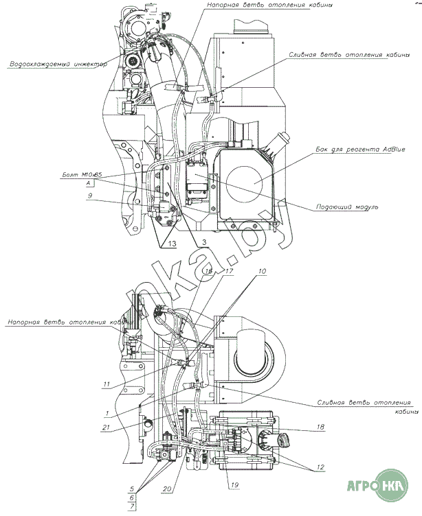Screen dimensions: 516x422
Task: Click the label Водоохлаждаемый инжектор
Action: tap(54, 65)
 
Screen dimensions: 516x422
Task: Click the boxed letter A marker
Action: tap(90, 185)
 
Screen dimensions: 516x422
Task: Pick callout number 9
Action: tap(89, 195)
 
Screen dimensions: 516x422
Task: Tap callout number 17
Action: tap(230, 272)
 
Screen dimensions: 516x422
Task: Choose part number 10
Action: tap(261, 272)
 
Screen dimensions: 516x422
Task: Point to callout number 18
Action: tap(320, 427)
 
